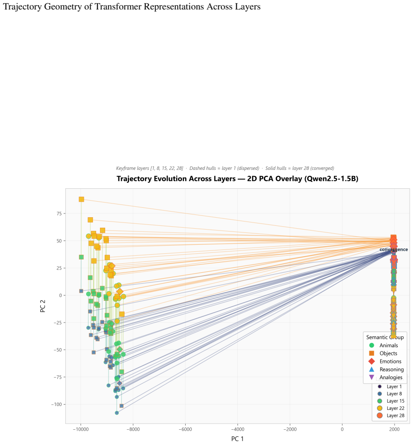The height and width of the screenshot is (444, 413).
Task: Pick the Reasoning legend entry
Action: pyautogui.click(x=386, y=369)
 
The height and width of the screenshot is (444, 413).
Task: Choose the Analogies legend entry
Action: pyautogui.click(x=386, y=377)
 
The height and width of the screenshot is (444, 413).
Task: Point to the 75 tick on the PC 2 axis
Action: pyautogui.click(x=59, y=213)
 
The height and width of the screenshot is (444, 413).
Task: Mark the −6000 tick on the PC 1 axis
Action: pyautogui.click(x=185, y=429)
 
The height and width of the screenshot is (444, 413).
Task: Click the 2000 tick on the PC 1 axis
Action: pyautogui.click(x=395, y=429)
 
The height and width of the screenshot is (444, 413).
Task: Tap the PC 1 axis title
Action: pyautogui.click(x=237, y=439)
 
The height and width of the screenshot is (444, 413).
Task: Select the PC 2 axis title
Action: pyautogui.click(x=43, y=306)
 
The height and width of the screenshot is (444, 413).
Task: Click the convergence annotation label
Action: pyautogui.click(x=394, y=250)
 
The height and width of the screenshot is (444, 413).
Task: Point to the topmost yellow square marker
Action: pyautogui.click(x=81, y=199)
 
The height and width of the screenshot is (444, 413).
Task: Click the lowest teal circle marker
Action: pyautogui.click(x=117, y=413)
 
